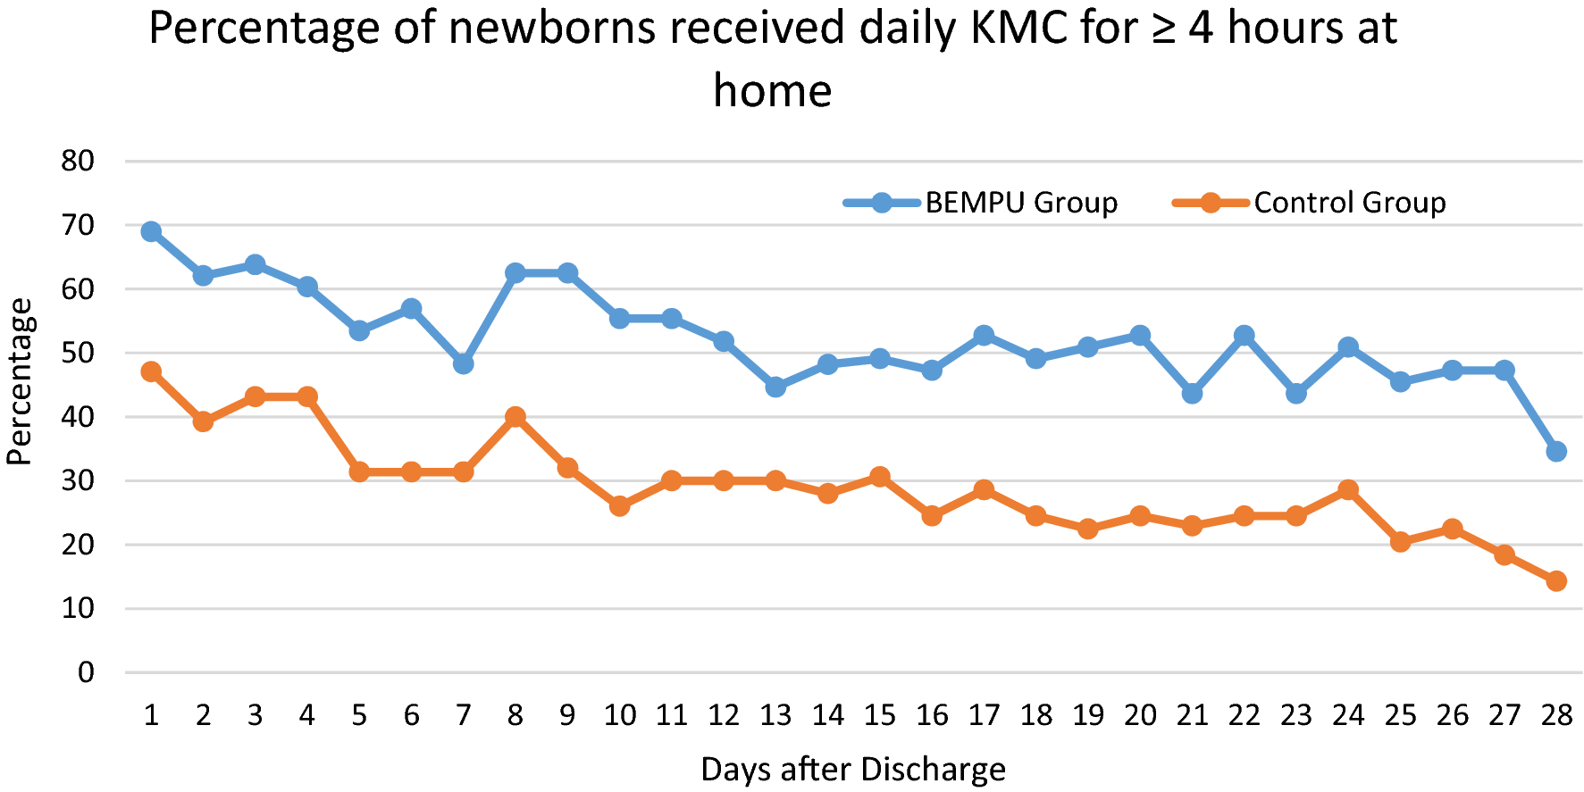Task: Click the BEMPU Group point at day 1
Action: point(151,232)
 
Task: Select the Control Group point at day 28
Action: point(1556,580)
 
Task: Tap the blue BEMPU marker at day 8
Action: point(515,273)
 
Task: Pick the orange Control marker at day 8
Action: point(515,417)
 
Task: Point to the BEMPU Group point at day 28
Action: point(1556,452)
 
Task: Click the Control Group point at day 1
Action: point(151,371)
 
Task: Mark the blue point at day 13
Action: point(775,387)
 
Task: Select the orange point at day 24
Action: point(1348,490)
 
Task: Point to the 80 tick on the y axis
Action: point(78,162)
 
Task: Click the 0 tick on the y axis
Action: point(86,672)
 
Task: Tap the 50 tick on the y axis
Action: point(78,353)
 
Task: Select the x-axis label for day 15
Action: point(879,715)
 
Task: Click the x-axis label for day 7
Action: point(463,715)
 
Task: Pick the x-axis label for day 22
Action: point(1244,715)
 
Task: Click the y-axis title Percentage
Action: point(20,382)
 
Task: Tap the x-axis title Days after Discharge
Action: point(853,769)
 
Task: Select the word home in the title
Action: point(772,91)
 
